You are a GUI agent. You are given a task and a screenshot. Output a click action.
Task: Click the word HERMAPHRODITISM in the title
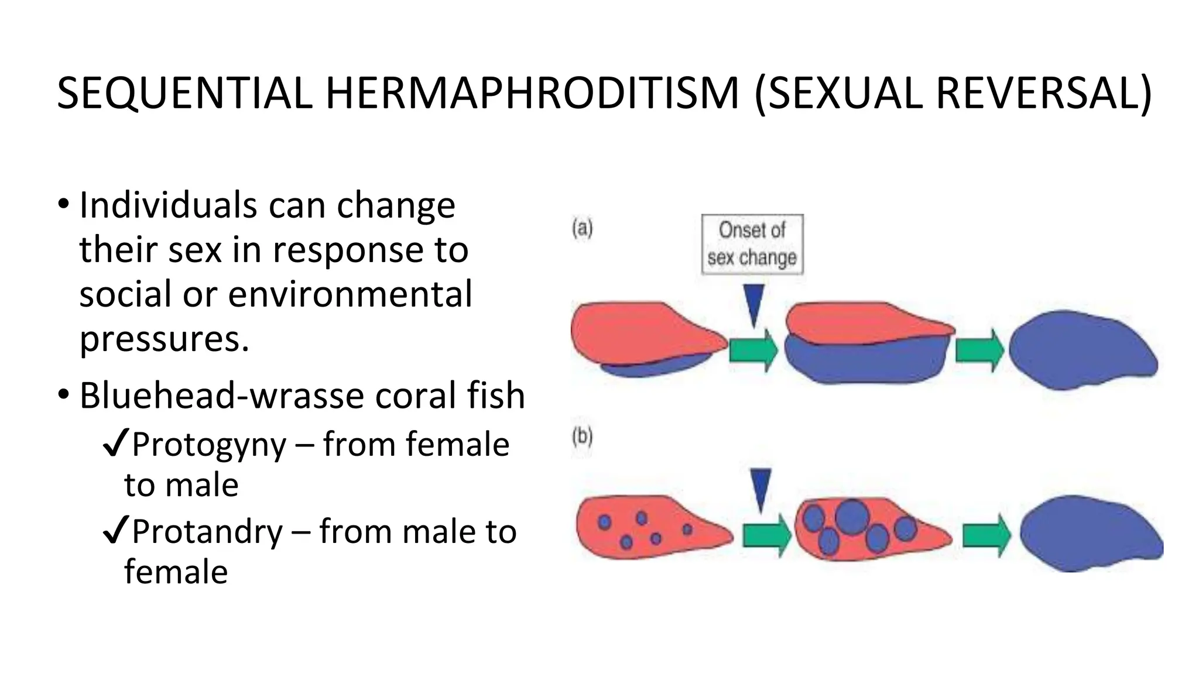(x=532, y=93)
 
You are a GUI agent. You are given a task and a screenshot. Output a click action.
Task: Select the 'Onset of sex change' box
(x=752, y=244)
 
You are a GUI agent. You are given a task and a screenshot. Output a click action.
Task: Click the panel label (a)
(x=582, y=228)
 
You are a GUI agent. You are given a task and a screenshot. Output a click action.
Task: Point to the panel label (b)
(x=582, y=437)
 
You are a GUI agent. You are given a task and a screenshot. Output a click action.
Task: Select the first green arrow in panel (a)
(x=753, y=350)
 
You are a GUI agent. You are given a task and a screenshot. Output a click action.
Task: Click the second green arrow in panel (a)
(x=979, y=350)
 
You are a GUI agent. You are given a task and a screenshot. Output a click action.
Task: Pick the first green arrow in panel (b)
(x=767, y=535)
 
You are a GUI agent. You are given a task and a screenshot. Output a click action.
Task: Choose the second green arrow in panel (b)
(x=986, y=535)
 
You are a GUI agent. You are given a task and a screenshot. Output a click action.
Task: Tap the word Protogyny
(x=209, y=445)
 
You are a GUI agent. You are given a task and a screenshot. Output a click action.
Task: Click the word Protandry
(x=207, y=532)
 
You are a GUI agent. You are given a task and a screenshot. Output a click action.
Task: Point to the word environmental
(x=350, y=294)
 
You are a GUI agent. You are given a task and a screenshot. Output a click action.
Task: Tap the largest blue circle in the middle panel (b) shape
(x=851, y=517)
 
